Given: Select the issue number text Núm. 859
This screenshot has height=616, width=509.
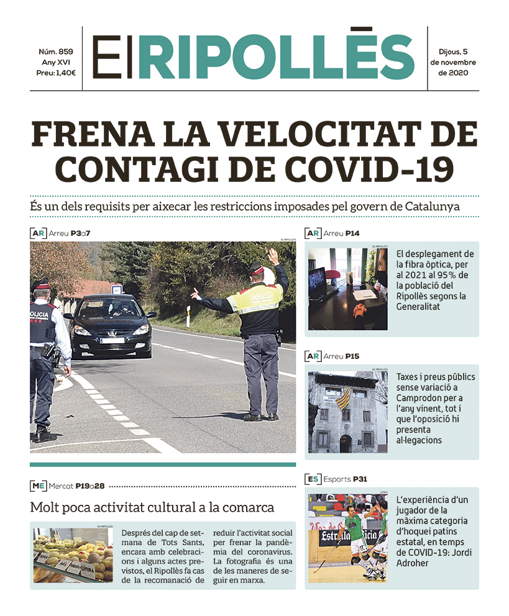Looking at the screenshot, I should pyautogui.click(x=56, y=52).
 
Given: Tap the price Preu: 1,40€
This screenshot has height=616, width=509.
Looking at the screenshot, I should pyautogui.click(x=56, y=73).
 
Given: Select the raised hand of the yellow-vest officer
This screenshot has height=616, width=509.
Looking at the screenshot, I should pyautogui.click(x=272, y=255).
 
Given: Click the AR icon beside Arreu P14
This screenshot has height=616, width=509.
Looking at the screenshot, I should pyautogui.click(x=313, y=233).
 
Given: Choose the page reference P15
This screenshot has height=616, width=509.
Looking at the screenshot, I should pyautogui.click(x=370, y=356).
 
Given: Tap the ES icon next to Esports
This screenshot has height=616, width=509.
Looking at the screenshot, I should pyautogui.click(x=313, y=479).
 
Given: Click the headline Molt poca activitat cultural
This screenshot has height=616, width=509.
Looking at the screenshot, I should pyautogui.click(x=152, y=507).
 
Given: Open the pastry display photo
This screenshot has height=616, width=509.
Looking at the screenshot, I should pyautogui.click(x=73, y=554).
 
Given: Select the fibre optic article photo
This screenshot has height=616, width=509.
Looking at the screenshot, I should pyautogui.click(x=347, y=289).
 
